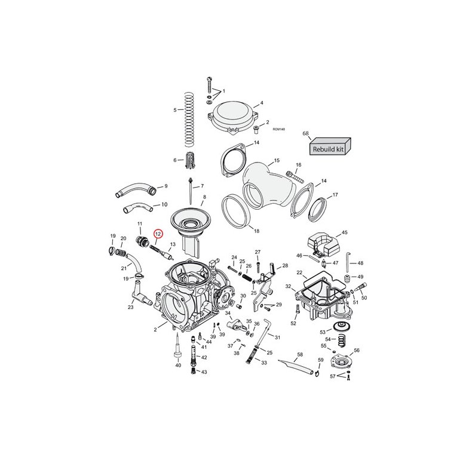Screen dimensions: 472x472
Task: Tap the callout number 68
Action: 305,134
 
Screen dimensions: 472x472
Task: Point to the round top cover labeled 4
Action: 232,114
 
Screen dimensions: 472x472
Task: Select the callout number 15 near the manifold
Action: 276,161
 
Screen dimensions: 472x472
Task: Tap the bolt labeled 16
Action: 295,176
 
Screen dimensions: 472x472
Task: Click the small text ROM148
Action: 278,129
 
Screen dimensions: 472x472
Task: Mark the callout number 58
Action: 300,355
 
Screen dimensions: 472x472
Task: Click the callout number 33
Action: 264,362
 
